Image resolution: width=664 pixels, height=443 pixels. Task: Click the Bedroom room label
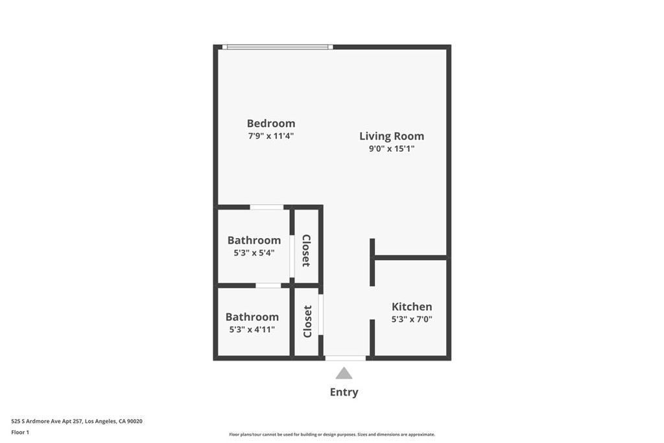pyautogui.click(x=271, y=123)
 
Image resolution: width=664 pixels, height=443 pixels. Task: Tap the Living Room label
pyautogui.click(x=392, y=136)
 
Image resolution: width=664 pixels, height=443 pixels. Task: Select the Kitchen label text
pyautogui.click(x=412, y=307)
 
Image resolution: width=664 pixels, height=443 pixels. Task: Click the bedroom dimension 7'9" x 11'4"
pyautogui.click(x=271, y=136)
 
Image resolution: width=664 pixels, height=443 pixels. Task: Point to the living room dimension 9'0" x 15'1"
pyautogui.click(x=392, y=149)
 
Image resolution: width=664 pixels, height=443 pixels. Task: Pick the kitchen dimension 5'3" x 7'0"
pyautogui.click(x=412, y=319)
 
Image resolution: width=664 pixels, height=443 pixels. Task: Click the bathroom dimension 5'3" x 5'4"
pyautogui.click(x=254, y=253)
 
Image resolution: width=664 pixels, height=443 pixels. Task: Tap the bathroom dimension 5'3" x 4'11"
pyautogui.click(x=252, y=329)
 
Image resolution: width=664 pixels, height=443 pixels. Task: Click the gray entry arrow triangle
pyautogui.click(x=344, y=373)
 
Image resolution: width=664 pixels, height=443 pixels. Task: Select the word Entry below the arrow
pyautogui.click(x=344, y=392)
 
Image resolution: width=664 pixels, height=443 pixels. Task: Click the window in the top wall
pyautogui.click(x=278, y=47)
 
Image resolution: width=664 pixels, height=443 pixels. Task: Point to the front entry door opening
pyautogui.click(x=345, y=358)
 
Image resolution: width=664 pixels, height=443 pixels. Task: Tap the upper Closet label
pyautogui.click(x=307, y=250)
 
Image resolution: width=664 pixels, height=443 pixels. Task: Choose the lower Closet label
pyautogui.click(x=307, y=322)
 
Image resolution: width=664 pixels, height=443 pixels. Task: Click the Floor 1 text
pyautogui.click(x=20, y=433)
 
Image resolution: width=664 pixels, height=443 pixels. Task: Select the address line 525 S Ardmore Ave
pyautogui.click(x=77, y=422)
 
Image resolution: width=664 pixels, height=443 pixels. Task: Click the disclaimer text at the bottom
pyautogui.click(x=332, y=435)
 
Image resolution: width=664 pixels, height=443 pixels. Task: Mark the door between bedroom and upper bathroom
pyautogui.click(x=267, y=207)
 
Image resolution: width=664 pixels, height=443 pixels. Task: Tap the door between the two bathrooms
pyautogui.click(x=268, y=286)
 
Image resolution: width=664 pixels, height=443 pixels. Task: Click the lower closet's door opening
pyautogui.click(x=321, y=315)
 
